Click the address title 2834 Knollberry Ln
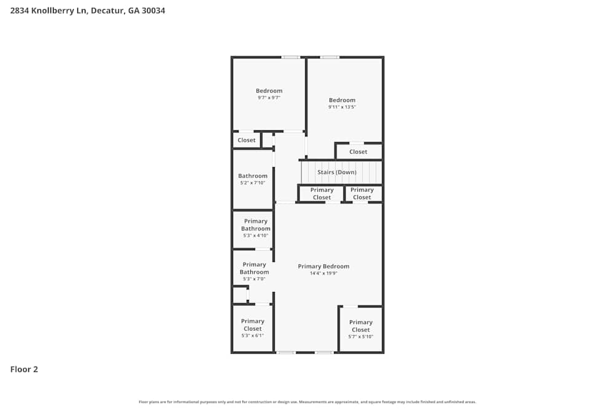[87, 10]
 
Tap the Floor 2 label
[24, 369]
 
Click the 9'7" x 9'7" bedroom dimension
[269, 98]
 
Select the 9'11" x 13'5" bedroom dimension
[342, 107]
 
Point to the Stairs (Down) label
[337, 172]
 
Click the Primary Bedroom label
[323, 266]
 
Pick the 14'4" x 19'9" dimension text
[323, 273]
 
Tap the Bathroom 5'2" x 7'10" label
[253, 179]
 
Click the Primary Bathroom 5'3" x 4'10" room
[255, 228]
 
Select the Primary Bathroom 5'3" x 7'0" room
[254, 271]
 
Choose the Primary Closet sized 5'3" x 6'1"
[252, 328]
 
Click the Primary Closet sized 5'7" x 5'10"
[360, 329]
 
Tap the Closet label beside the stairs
[358, 152]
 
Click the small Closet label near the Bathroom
[246, 140]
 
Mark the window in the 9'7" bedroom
[290, 57]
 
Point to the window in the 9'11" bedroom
[330, 57]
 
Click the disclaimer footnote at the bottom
[307, 402]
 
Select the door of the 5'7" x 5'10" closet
[350, 306]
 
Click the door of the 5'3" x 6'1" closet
[263, 304]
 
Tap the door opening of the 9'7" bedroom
[293, 132]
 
